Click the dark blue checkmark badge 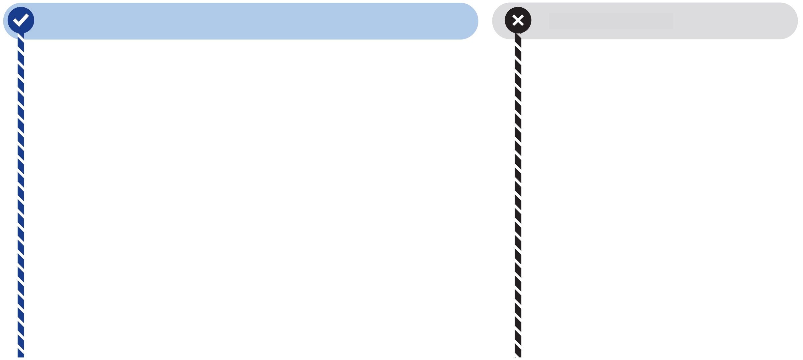[x=21, y=20]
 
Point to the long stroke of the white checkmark [x=24, y=19]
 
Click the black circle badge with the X [x=518, y=20]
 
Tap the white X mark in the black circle [x=518, y=20]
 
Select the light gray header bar [x=731, y=21]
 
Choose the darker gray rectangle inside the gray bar [x=611, y=21]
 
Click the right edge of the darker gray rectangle [x=672, y=21]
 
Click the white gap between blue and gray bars [x=485, y=21]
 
